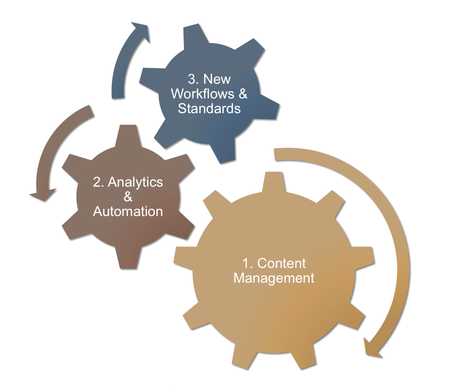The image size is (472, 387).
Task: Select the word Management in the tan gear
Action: coord(274,278)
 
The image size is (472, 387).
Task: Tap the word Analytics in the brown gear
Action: coord(134,182)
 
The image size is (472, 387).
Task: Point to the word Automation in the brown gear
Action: coord(128,212)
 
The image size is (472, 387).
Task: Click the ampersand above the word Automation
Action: coord(128,197)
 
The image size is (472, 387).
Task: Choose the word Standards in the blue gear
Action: coord(209,108)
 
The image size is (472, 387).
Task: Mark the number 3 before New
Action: coord(192,79)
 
